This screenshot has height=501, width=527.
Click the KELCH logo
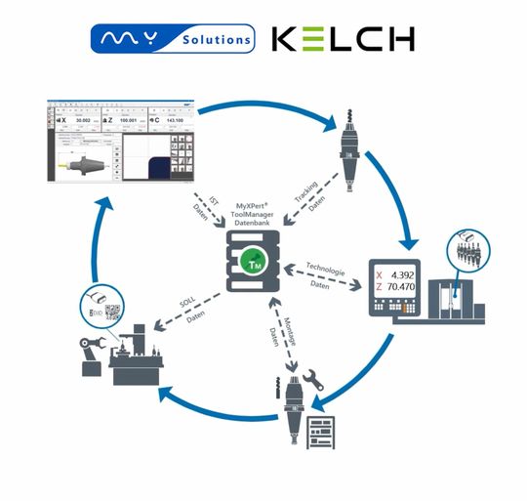pos(343,39)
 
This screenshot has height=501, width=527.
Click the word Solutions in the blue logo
pos(216,40)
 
